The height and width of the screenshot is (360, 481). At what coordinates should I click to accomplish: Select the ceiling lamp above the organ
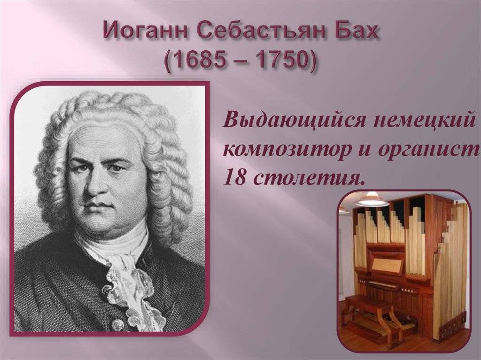[x=371, y=199]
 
